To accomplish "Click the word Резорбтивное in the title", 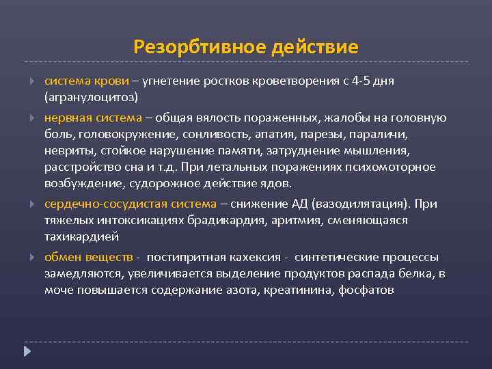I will [200, 47].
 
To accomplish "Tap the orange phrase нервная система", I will [93, 118].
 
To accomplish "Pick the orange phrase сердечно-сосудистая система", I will [130, 204].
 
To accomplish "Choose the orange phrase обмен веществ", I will [89, 258].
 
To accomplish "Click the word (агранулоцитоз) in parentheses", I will [92, 96].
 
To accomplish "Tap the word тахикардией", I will [82, 236].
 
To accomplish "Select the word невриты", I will [67, 151].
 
